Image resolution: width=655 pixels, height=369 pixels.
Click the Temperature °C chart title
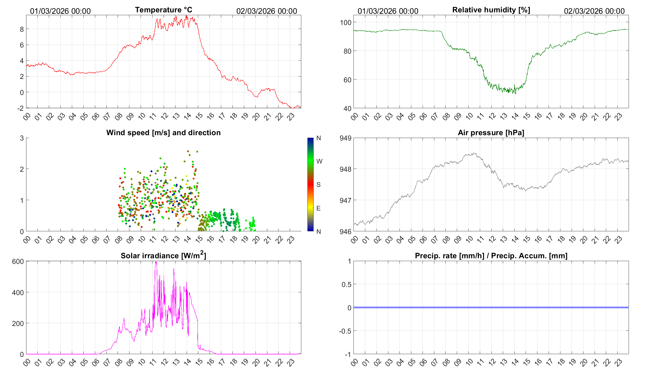click(163, 10)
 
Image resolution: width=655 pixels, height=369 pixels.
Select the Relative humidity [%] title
click(491, 10)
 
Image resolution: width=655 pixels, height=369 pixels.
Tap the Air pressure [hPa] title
click(491, 133)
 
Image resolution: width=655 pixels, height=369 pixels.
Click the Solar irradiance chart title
click(163, 255)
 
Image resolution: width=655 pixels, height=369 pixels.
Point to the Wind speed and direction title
click(163, 133)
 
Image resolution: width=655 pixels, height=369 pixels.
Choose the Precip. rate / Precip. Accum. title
click(491, 256)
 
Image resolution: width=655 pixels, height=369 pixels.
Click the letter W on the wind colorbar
click(319, 161)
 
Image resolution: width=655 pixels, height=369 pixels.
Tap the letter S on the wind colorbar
click(318, 185)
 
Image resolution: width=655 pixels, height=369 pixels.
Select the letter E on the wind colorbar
click(318, 208)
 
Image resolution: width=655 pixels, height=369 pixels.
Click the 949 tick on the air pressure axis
click(345, 138)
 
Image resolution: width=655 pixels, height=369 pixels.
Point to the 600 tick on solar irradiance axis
click(18, 261)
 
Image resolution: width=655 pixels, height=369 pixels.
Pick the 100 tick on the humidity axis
click(345, 22)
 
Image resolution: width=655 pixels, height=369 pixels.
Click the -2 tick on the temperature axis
click(20, 108)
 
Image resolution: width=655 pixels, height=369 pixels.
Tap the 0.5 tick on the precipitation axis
click(346, 284)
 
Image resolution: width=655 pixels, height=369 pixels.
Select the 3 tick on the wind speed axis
click(22, 138)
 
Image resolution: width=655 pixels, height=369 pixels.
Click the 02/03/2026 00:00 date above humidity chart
click(594, 11)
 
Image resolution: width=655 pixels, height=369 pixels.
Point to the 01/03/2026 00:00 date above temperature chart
click(60, 11)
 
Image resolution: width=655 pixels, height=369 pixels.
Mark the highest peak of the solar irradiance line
click(156, 262)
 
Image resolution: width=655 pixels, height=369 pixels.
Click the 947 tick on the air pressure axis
click(345, 200)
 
